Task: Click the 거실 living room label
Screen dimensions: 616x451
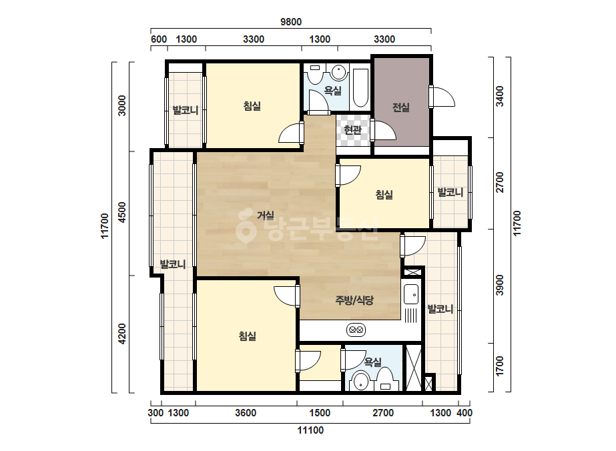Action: tap(266, 215)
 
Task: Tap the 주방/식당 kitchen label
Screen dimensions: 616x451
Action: tap(354, 300)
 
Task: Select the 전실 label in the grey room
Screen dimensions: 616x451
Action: tap(401, 107)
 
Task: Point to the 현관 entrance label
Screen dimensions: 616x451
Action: tap(352, 129)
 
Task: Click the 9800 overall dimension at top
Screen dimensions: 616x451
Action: tap(291, 22)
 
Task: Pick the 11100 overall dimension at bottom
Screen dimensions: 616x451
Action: tap(310, 430)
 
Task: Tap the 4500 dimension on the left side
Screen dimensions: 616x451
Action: tap(122, 213)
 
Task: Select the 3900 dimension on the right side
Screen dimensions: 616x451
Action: tap(499, 286)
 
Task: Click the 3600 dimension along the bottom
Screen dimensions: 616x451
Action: tap(246, 413)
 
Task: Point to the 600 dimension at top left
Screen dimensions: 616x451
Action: tap(159, 39)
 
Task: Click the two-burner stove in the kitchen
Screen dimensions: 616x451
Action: tap(356, 330)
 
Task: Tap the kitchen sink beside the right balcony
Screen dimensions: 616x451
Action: tap(411, 294)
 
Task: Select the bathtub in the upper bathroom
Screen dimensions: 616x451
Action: tap(360, 88)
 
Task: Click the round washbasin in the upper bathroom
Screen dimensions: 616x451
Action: tap(338, 73)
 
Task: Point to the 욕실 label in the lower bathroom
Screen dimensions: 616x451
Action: tap(373, 362)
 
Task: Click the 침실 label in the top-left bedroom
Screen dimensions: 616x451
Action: tap(252, 106)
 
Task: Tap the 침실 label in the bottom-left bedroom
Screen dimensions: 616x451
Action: tap(248, 336)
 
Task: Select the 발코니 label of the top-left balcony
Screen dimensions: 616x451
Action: tap(186, 110)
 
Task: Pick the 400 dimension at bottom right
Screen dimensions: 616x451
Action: tap(465, 413)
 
